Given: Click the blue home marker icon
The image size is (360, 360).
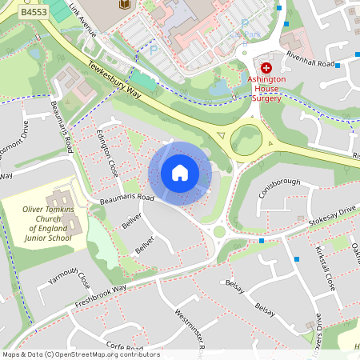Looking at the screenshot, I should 180,173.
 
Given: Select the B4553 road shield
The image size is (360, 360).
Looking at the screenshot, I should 33,14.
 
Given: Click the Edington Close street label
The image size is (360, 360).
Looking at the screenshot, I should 107,152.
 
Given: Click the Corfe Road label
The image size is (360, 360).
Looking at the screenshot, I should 124,346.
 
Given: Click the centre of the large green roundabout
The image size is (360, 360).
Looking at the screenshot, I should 246,140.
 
